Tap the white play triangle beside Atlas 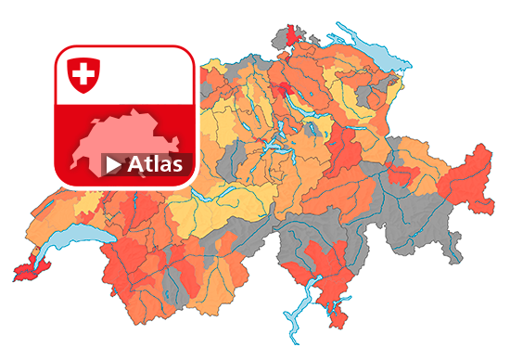coord(113,165)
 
